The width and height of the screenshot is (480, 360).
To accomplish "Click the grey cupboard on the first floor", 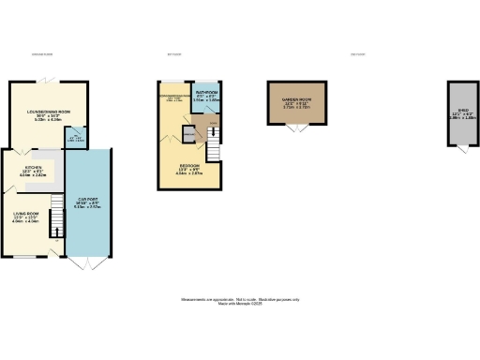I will pyautogui.click(x=188, y=136).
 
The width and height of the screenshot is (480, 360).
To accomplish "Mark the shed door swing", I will pyautogui.click(x=460, y=151).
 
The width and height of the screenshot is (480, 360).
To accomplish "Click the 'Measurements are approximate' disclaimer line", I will pyautogui.click(x=239, y=299).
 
